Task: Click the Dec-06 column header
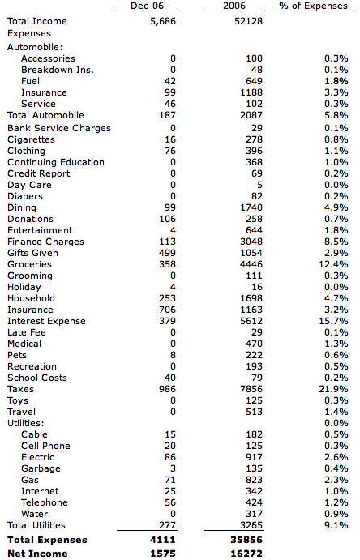[147, 6]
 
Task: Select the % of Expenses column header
[313, 6]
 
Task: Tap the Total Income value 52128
[248, 21]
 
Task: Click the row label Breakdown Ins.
[57, 70]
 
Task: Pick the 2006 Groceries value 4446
[251, 264]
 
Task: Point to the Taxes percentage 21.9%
[333, 389]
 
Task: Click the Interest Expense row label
[46, 321]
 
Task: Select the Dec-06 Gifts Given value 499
[167, 253]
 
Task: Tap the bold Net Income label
[37, 554]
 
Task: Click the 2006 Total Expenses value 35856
[246, 540]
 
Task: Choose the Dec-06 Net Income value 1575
[163, 554]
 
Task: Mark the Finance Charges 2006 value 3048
[251, 242]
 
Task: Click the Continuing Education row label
[56, 162]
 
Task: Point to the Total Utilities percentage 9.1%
[336, 525]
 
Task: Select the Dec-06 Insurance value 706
[167, 310]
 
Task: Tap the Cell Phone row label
[45, 446]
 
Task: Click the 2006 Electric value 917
[254, 457]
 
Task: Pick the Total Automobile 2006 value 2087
[251, 115]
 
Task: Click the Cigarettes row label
[31, 139]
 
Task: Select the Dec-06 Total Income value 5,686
[163, 21]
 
